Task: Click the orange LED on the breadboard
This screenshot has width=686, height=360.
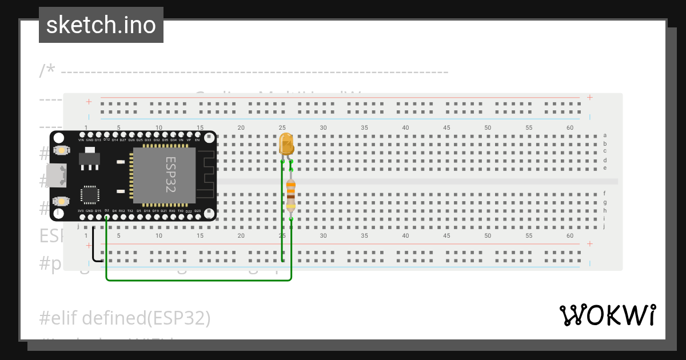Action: point(286,144)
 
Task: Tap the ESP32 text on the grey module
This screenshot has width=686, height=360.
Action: point(170,175)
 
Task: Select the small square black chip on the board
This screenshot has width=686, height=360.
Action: point(90,194)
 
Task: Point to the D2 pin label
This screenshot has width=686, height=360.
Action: point(107,211)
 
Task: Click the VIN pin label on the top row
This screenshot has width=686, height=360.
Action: point(81,140)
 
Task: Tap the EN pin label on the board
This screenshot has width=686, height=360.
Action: point(197,140)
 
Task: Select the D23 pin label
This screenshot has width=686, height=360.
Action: point(197,211)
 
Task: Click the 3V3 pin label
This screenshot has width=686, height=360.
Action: point(81,211)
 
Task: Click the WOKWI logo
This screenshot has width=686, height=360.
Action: point(607,315)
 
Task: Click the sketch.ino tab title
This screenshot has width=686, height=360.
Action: point(101,25)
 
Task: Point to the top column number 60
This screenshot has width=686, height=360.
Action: point(570,127)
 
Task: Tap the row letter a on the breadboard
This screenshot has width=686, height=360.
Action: point(605,135)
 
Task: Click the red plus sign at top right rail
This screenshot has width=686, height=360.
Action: point(590,98)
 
